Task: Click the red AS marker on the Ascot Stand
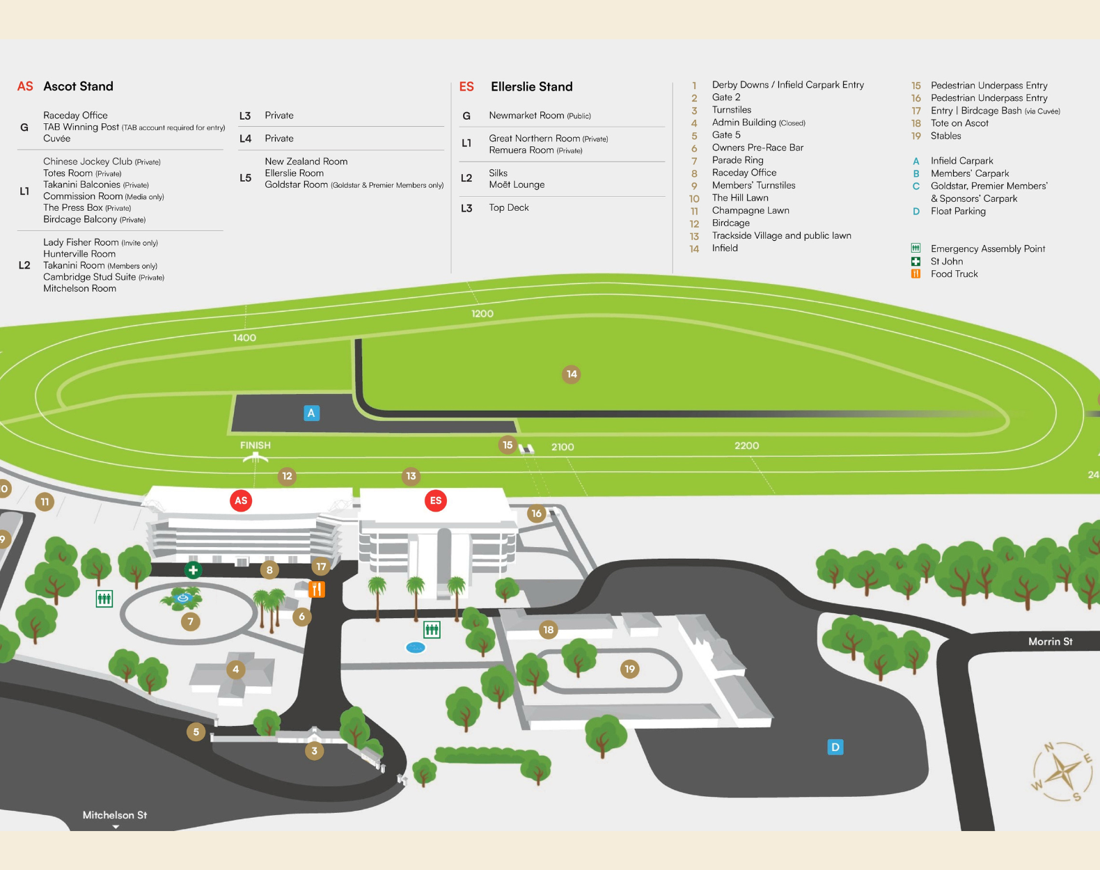[x=241, y=500]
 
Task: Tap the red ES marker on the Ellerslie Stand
[x=436, y=500]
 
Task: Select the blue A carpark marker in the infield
[x=311, y=413]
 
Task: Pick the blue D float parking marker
[x=835, y=747]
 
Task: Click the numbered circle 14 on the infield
[x=572, y=374]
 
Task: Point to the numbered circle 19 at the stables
[x=630, y=669]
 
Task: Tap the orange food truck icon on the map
[x=316, y=590]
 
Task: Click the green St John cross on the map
[x=193, y=570]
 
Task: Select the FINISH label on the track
[x=256, y=445]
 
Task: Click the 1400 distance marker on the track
[x=244, y=338]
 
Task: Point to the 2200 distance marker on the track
[x=746, y=445]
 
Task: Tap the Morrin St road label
[x=1050, y=642]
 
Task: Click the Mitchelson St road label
[x=115, y=815]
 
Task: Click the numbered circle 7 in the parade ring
[x=191, y=622]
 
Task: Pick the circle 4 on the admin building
[x=236, y=670]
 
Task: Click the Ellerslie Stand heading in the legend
[x=531, y=86]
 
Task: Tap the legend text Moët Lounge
[x=517, y=184]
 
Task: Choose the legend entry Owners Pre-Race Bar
[x=757, y=148]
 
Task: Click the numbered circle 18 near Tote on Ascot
[x=549, y=630]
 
